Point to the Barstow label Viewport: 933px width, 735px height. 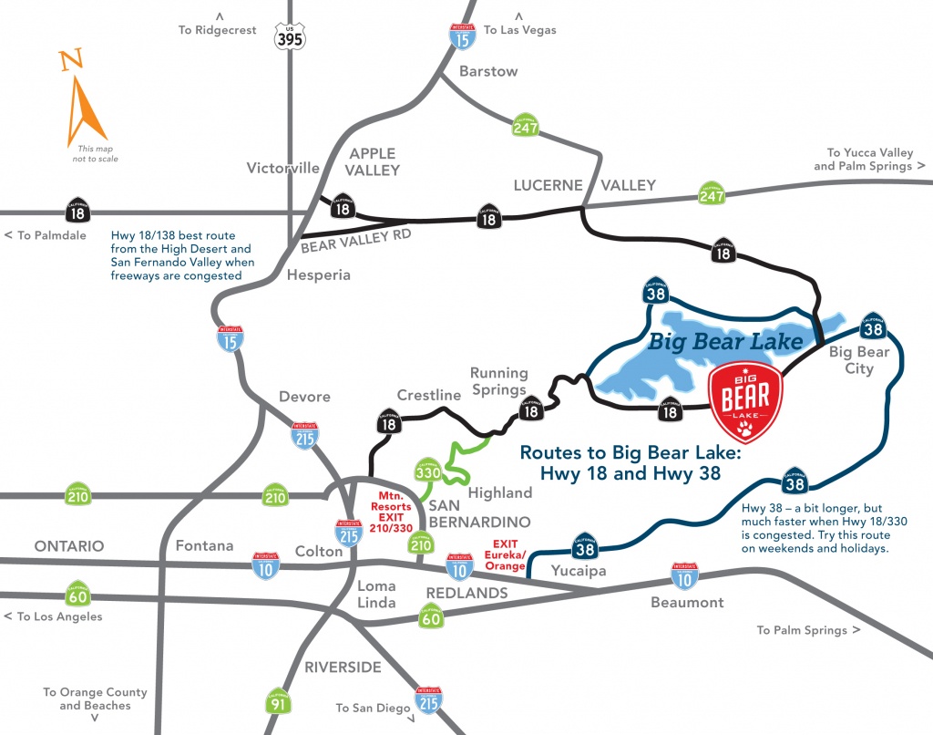point(488,71)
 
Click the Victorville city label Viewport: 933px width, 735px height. point(283,168)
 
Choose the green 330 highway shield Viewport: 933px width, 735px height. point(428,471)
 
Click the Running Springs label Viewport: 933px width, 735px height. point(499,381)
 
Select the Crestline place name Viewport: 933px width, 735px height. point(429,396)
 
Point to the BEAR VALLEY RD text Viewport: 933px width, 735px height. point(355,240)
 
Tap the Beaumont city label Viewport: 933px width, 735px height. point(687,602)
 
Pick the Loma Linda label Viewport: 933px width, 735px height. point(376,594)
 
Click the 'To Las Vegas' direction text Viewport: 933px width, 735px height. point(519,30)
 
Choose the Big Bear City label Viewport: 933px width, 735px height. point(859,360)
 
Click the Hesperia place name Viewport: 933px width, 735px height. point(318,274)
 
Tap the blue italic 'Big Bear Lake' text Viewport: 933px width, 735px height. point(725,342)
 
